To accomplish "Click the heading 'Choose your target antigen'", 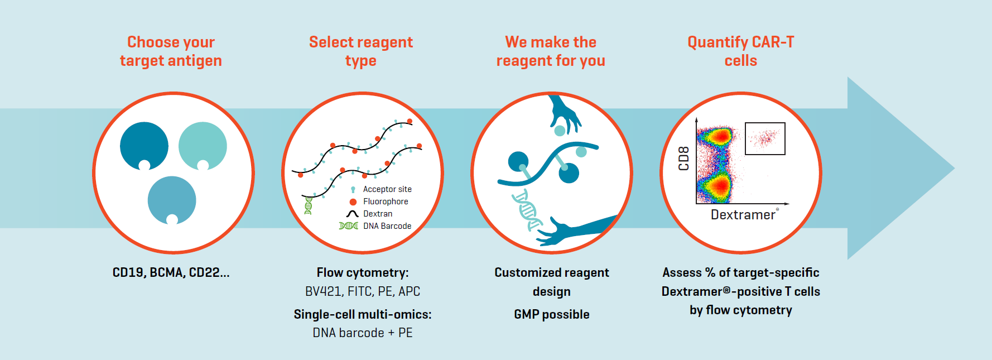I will tap(171, 51).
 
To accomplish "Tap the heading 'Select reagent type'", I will tap(361, 51).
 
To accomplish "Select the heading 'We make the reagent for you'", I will tap(551, 51).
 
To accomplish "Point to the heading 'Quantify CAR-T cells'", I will tap(740, 51).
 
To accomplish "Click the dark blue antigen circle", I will tap(143, 145).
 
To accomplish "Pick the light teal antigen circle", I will tap(203, 145).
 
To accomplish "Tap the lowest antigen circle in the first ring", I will tap(172, 199).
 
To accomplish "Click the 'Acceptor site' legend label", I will tap(387, 189).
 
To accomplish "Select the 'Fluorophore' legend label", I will tap(386, 201).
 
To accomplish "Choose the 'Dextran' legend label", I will tap(378, 214).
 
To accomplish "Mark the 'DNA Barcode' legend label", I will tap(387, 226).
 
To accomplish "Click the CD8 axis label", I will tap(684, 159).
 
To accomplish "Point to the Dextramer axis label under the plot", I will tap(743, 215).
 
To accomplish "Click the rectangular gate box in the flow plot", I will tap(765, 138).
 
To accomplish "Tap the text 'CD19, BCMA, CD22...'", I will tap(171, 272).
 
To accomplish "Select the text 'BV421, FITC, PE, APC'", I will tap(363, 291).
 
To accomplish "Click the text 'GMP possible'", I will tap(551, 314).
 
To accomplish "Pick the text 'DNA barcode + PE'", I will tap(363, 333).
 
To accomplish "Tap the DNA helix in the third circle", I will tap(527, 209).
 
